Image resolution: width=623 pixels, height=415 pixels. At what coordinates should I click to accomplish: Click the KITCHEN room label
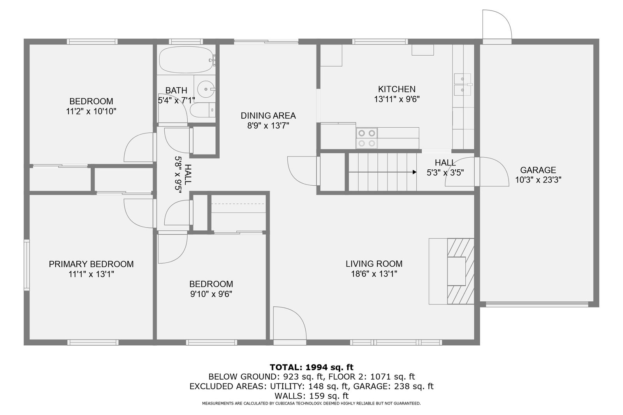[397, 89]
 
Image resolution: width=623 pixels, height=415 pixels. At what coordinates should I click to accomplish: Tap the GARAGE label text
[538, 170]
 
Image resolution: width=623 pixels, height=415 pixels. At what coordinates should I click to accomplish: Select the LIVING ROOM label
[374, 264]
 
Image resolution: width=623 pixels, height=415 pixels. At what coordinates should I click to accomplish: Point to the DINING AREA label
[268, 116]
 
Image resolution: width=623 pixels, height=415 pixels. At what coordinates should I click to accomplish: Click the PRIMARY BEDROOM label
[91, 264]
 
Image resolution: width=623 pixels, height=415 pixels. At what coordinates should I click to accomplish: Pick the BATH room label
[176, 90]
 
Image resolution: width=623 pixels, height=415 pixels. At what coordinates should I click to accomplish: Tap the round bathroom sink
[206, 89]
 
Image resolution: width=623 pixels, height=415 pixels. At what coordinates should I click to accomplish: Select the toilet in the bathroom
[203, 110]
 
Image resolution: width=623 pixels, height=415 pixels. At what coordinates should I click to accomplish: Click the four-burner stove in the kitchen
[366, 138]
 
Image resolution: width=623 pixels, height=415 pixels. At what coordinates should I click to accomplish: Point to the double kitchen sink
[463, 84]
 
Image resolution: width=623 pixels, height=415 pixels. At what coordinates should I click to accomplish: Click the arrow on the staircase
[382, 172]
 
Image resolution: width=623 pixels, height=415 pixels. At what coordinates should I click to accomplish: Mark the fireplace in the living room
[451, 271]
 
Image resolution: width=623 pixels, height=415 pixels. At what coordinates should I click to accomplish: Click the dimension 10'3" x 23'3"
[538, 180]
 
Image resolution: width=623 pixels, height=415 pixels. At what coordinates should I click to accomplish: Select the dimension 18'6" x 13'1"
[374, 274]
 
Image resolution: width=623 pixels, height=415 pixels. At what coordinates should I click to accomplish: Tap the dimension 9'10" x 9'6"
[211, 294]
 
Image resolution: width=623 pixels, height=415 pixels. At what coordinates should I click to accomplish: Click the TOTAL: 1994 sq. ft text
[311, 367]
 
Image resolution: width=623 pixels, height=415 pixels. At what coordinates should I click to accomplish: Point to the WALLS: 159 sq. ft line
[311, 396]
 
